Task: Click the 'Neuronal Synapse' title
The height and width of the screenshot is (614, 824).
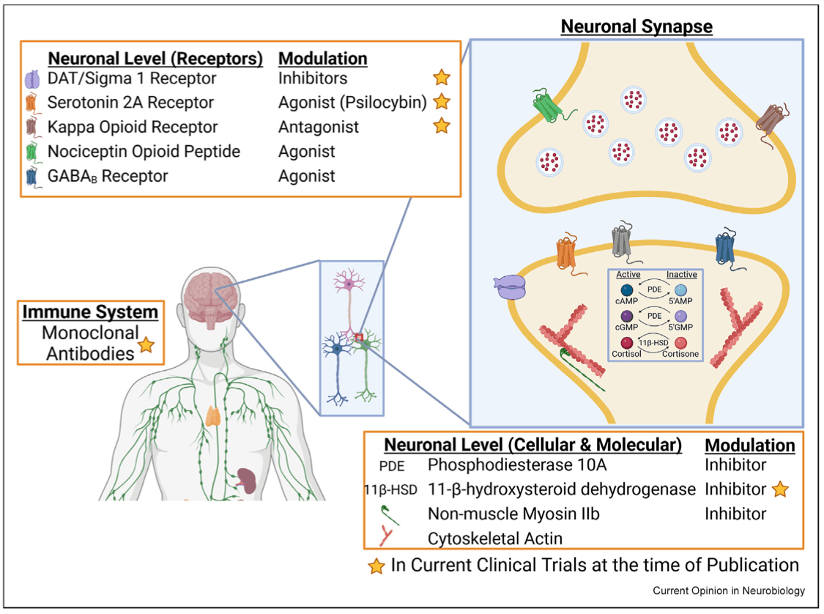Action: (x=636, y=27)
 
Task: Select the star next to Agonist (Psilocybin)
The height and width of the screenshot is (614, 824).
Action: (x=441, y=102)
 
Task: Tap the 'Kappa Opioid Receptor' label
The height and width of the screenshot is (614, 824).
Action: (x=132, y=127)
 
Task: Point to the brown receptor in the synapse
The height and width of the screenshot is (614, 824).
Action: (x=774, y=117)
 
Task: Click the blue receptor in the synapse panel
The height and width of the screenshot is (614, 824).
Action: (x=727, y=251)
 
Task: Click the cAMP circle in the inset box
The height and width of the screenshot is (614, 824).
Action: (x=627, y=292)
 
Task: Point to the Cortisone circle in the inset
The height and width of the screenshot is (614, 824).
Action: (x=680, y=343)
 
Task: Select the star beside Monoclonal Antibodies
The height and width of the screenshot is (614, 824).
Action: (x=146, y=344)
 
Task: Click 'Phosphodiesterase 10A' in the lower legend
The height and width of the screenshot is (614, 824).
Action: (x=517, y=465)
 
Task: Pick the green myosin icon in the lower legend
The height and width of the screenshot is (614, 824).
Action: (x=388, y=514)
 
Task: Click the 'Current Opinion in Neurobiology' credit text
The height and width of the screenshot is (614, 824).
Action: (x=729, y=591)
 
